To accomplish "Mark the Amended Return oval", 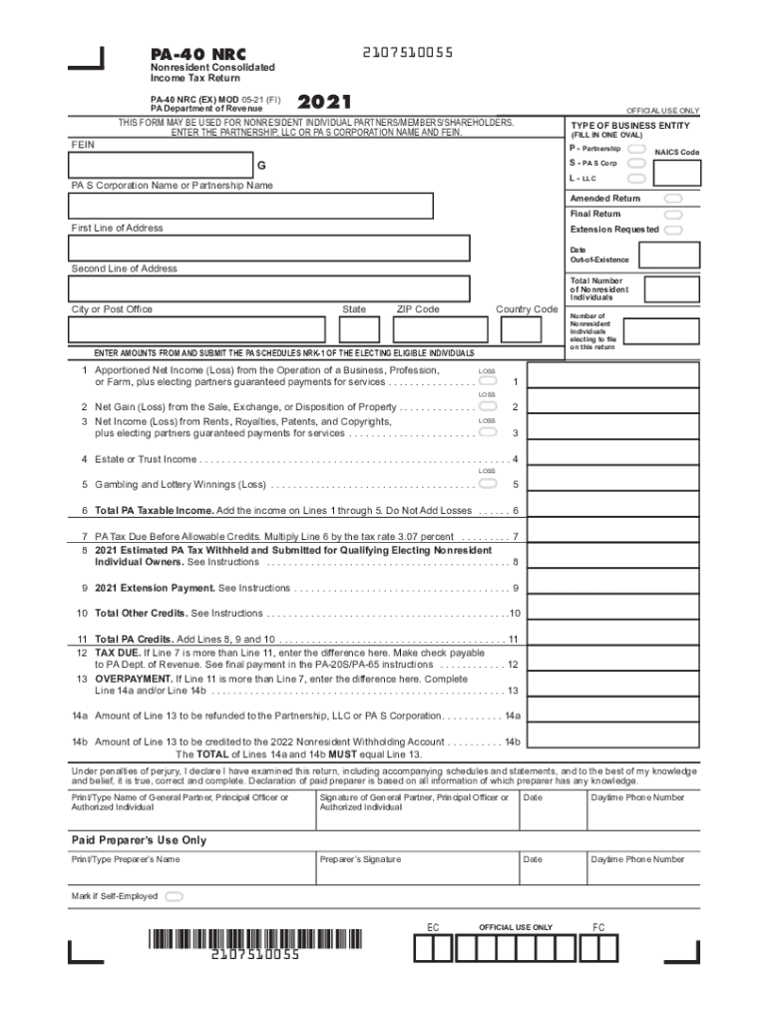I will pyautogui.click(x=674, y=199).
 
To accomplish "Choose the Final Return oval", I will pyautogui.click(x=674, y=214).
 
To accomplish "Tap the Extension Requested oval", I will pyautogui.click(x=674, y=230).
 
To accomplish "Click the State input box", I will pyautogui.click(x=359, y=329).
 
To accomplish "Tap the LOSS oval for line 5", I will pyautogui.click(x=487, y=483).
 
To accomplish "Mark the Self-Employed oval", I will pyautogui.click(x=175, y=896).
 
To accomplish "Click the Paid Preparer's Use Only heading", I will pyautogui.click(x=139, y=840).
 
